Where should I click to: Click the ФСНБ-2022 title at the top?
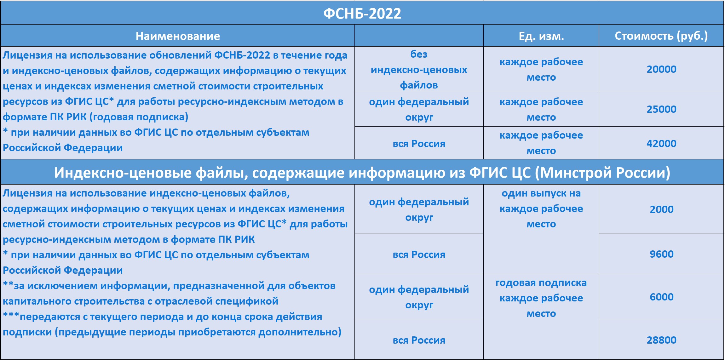pos(362,14)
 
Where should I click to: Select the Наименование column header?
pos(178,36)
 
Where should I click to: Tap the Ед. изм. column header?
pos(541,36)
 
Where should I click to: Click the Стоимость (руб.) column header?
pos(661,36)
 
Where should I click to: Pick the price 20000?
pos(661,69)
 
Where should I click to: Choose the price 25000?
pos(661,109)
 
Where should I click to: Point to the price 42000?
pos(661,144)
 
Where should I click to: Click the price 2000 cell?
pos(661,209)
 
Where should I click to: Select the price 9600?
pos(661,254)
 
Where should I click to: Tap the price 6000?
pos(661,297)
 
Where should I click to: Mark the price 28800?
pos(661,340)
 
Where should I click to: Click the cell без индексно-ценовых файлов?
pos(419,70)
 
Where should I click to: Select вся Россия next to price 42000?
pos(419,144)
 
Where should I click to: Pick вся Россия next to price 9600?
pos(419,254)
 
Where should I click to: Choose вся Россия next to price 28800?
pos(419,340)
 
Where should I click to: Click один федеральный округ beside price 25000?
pos(419,110)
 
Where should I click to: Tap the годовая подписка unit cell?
pos(541,298)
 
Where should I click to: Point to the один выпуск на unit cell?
pos(541,209)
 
